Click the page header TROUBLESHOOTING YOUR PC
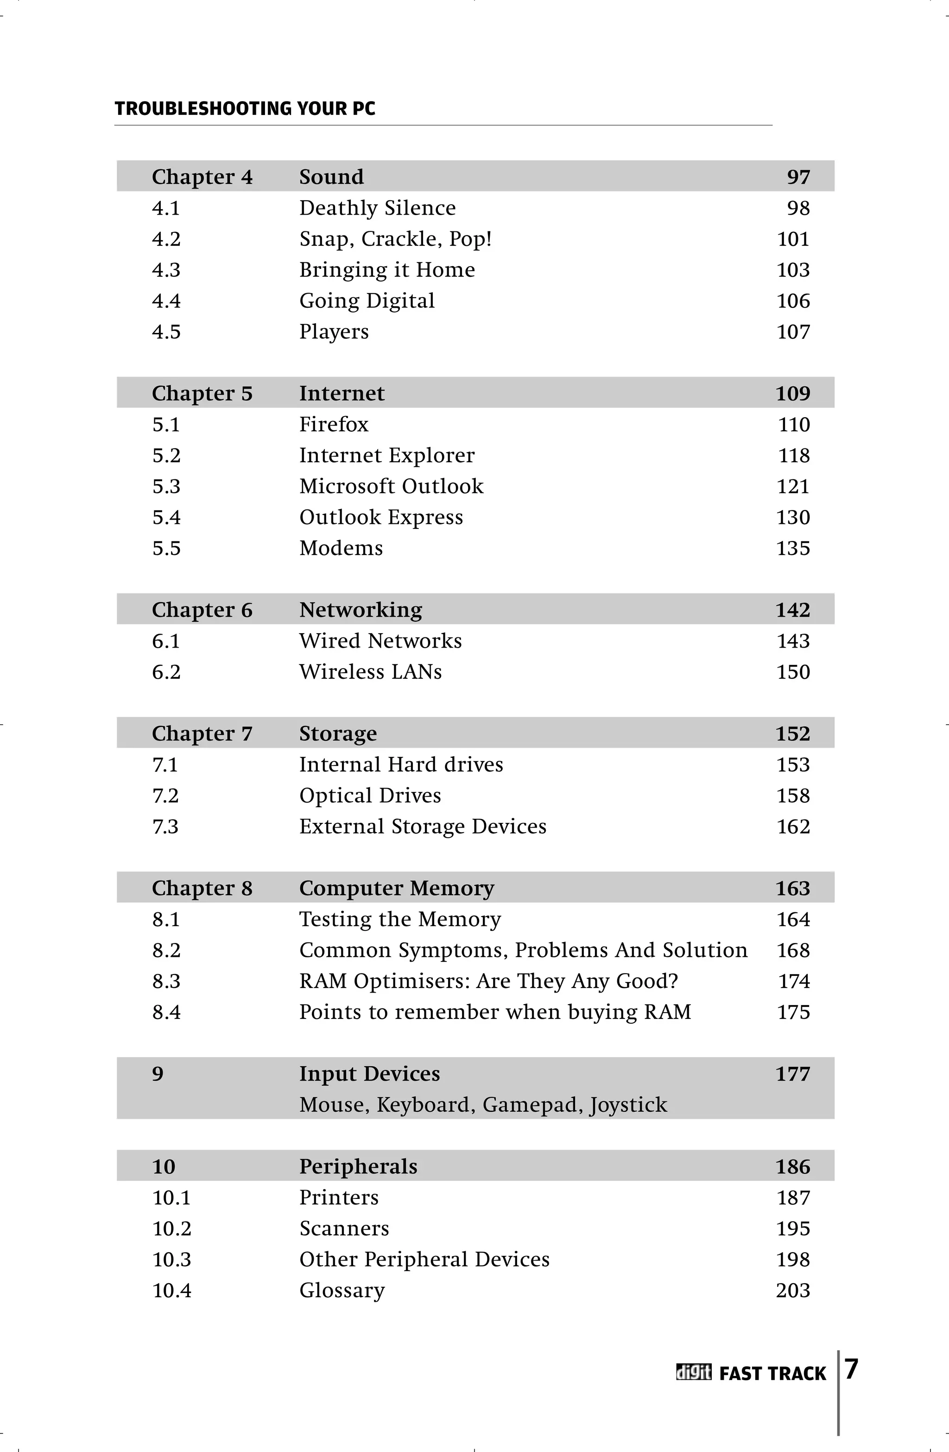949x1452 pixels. (245, 108)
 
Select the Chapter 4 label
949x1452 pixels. (202, 177)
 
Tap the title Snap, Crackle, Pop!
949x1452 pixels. (395, 239)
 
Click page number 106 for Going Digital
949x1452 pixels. (793, 301)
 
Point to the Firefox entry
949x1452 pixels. (334, 425)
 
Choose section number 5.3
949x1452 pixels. (166, 487)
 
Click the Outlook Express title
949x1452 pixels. (380, 517)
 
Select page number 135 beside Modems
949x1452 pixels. (793, 548)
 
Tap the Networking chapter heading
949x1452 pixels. (361, 610)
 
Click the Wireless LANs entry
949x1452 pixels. (370, 672)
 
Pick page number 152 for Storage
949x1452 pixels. (792, 734)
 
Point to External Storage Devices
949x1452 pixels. (423, 827)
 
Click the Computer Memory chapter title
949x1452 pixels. (397, 888)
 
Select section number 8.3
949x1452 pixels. (166, 981)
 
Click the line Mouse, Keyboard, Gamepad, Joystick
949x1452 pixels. (483, 1105)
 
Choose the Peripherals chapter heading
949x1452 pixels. (358, 1166)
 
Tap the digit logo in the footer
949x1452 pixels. (694, 1373)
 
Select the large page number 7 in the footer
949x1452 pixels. (851, 1369)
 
